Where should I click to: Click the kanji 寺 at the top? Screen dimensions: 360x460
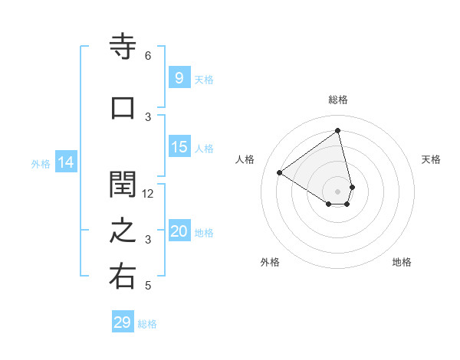[123, 47]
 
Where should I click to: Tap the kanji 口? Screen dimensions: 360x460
[123, 109]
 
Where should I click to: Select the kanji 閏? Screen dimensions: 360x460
[123, 185]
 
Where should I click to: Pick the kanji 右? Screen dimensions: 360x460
[123, 277]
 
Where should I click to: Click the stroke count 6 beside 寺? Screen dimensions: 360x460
[148, 56]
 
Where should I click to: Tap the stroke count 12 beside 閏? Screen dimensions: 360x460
[148, 194]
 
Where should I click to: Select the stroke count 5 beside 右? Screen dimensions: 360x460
[148, 286]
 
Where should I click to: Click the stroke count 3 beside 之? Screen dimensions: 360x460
[148, 240]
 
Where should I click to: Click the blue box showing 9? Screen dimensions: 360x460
[179, 77]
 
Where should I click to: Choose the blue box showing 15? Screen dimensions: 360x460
[179, 147]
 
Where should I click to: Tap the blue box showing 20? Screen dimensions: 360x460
[179, 231]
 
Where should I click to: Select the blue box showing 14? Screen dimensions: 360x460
[66, 162]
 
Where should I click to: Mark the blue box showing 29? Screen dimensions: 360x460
[122, 322]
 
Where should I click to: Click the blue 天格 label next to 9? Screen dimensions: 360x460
[204, 79]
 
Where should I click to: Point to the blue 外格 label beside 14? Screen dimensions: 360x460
[41, 163]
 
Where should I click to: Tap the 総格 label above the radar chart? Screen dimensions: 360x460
[338, 100]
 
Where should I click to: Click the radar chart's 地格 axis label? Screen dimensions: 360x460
[402, 262]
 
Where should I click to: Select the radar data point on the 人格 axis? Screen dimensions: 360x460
[280, 172]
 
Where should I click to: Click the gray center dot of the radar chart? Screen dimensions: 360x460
[338, 191]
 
